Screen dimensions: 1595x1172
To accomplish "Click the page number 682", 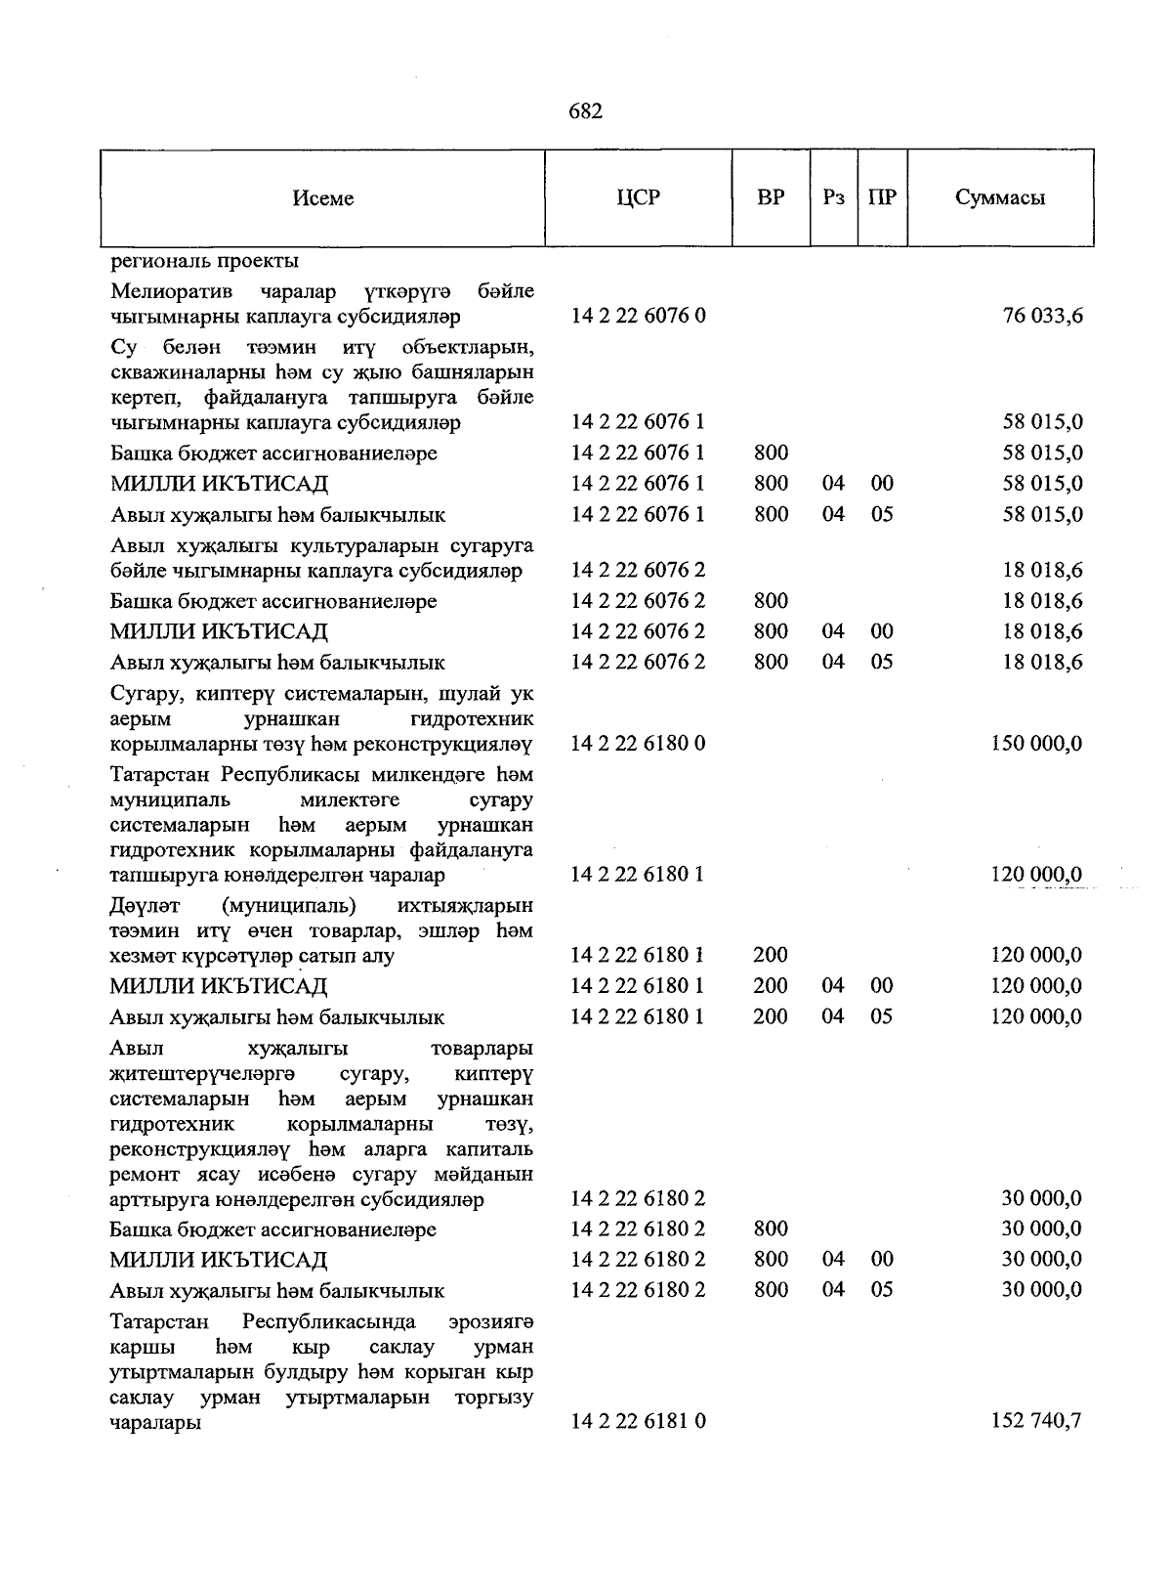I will [585, 111].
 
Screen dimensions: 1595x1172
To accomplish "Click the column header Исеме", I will [322, 198].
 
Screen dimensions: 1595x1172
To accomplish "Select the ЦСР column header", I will [638, 197].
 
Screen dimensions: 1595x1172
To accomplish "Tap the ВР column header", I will [771, 197].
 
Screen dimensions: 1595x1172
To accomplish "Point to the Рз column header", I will [833, 197].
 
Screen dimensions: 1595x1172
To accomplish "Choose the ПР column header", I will [882, 197].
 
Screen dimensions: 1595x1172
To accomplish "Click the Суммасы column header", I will [1000, 197].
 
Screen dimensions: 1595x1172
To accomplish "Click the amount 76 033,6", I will [1042, 316].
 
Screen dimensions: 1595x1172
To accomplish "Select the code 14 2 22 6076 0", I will [639, 316].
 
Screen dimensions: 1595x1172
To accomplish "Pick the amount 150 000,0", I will [1036, 744].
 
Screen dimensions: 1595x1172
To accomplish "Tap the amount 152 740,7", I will [1036, 1421].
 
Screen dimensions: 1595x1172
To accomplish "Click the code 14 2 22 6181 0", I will [639, 1421].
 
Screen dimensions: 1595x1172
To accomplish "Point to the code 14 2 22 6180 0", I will [639, 744].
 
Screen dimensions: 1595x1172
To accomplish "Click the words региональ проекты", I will [205, 261].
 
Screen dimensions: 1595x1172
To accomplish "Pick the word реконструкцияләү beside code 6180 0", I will [460, 744].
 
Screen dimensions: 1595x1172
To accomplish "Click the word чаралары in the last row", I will [156, 1423].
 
